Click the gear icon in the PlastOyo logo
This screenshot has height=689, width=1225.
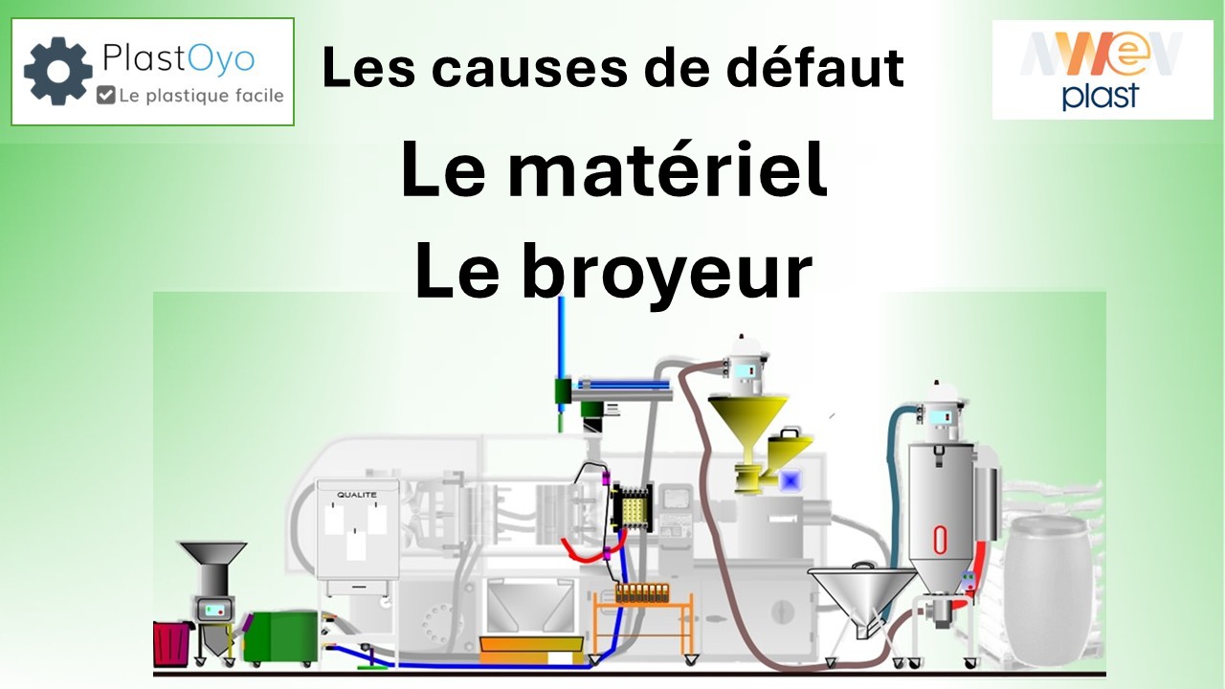pyautogui.click(x=58, y=71)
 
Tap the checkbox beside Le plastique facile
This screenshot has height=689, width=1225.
pyautogui.click(x=105, y=95)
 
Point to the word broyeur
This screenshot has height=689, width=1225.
pyautogui.click(x=667, y=272)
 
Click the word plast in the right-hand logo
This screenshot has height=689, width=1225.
pyautogui.click(x=1101, y=97)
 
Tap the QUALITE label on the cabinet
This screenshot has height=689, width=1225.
pyautogui.click(x=357, y=495)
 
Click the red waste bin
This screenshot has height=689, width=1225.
pyautogui.click(x=171, y=644)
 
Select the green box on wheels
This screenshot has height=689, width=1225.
pyautogui.click(x=280, y=638)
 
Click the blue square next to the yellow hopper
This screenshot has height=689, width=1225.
pyautogui.click(x=790, y=481)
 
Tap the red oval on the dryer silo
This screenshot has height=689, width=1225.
pyautogui.click(x=940, y=541)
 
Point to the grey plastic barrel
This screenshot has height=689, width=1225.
pyautogui.click(x=1048, y=590)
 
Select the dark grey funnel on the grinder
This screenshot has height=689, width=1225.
pyautogui.click(x=213, y=554)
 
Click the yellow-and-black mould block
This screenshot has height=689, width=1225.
pyautogui.click(x=633, y=507)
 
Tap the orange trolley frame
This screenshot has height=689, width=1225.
pyautogui.click(x=643, y=623)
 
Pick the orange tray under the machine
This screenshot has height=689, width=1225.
pyautogui.click(x=531, y=650)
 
